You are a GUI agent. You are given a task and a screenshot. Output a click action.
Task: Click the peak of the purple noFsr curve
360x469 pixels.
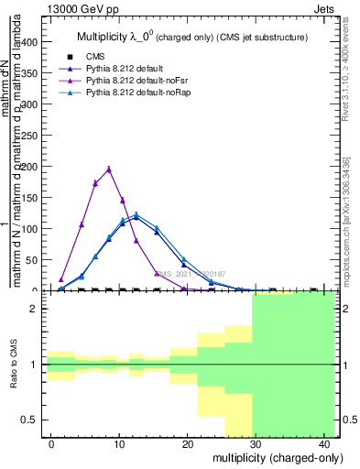pyautogui.click(x=109, y=169)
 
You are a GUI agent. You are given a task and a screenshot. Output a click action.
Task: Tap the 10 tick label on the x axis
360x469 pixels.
pyautogui.click(x=119, y=443)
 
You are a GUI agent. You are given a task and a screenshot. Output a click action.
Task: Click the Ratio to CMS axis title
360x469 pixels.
pyautogui.click(x=13, y=365)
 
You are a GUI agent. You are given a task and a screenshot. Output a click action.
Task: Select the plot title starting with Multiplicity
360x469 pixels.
pyautogui.click(x=191, y=38)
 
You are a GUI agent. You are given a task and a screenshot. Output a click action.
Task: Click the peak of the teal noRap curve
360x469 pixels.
pyautogui.click(x=136, y=214)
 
